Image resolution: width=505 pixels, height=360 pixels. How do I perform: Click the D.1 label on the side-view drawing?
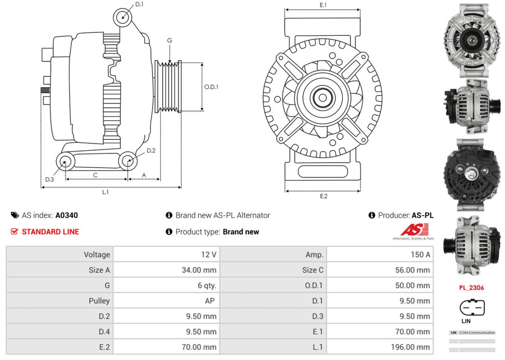coord(140,5)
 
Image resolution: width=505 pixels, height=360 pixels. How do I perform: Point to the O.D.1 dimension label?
coord(211,86)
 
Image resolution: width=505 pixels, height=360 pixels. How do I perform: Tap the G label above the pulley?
coord(170,40)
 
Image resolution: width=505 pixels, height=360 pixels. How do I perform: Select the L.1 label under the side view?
coord(106,192)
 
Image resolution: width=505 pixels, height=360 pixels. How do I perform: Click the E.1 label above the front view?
coord(323,5)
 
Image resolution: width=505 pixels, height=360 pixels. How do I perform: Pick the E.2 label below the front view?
coord(324,196)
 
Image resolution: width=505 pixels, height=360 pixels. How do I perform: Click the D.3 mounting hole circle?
coord(65,162)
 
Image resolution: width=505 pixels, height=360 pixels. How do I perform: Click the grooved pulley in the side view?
coord(170,86)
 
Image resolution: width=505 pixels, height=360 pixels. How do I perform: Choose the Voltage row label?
coord(96,254)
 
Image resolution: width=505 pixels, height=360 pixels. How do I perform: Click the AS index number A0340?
coord(67,215)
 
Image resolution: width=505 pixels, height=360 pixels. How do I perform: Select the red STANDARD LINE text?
coord(50,232)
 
